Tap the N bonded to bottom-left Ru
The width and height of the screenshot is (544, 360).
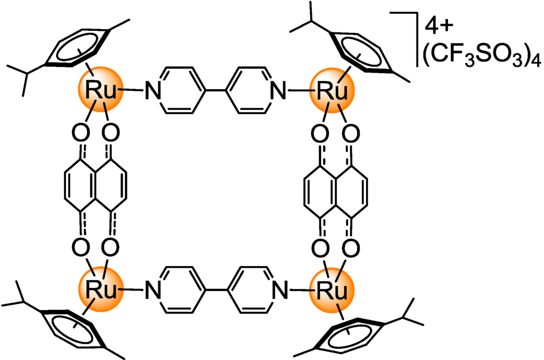tap(154, 290)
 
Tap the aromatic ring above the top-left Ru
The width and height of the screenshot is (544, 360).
tap(80, 47)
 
